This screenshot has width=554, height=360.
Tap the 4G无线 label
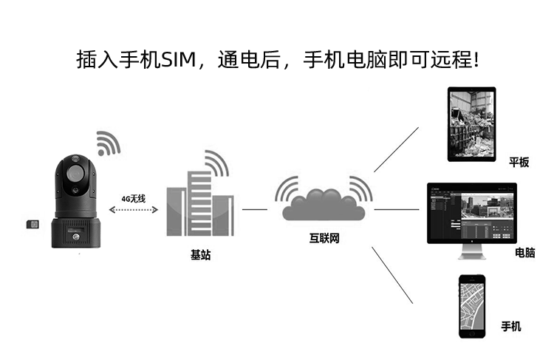pyautogui.click(x=134, y=199)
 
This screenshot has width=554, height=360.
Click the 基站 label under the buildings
pyautogui.click(x=200, y=255)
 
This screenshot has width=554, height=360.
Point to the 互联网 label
pyautogui.click(x=324, y=239)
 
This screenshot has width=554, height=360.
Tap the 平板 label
pyautogui.click(x=519, y=163)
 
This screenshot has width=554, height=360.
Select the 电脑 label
pyautogui.click(x=525, y=253)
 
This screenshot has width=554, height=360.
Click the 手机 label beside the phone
pyautogui.click(x=511, y=326)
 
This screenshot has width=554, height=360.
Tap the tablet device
pyautogui.click(x=471, y=123)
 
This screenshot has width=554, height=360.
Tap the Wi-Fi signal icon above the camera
pyautogui.click(x=108, y=143)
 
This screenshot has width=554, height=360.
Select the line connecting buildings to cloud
pyautogui.click(x=255, y=209)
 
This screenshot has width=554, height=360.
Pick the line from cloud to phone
pyautogui.click(x=391, y=274)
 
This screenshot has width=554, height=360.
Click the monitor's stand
pyautogui.click(x=470, y=253)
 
